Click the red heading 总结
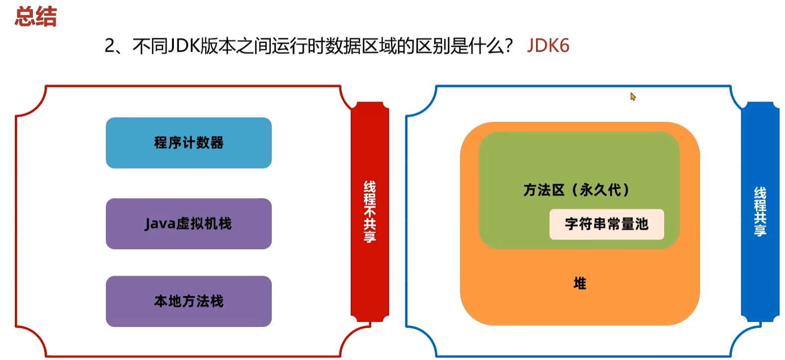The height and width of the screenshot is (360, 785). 36,16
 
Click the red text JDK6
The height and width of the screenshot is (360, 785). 548,46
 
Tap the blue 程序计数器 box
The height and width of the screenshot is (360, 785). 189,143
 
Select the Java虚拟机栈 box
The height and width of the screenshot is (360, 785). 189,224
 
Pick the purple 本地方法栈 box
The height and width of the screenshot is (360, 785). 189,301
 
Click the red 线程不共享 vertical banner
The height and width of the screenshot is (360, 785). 370,212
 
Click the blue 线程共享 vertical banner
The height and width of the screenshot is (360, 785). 760,212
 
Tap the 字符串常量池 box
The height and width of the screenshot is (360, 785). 607,224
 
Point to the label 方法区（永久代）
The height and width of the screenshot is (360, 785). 576,190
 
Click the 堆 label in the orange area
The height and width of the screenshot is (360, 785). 580,284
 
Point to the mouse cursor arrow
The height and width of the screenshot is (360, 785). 633,96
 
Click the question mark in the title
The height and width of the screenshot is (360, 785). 508,46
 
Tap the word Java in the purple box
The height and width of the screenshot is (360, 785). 160,224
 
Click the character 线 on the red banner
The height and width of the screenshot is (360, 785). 370,187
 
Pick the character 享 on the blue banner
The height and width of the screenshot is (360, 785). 760,230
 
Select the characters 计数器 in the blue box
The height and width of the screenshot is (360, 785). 203,143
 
